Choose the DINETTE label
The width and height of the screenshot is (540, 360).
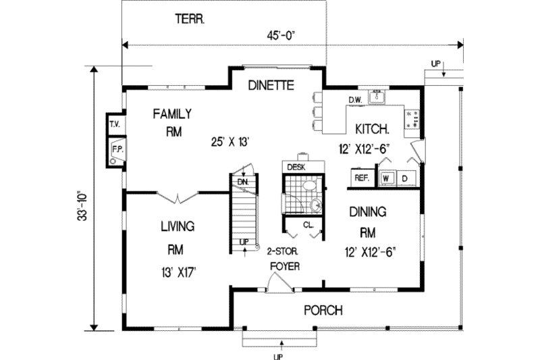271,86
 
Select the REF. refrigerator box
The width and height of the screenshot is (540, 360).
360,178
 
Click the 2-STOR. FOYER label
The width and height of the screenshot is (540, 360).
283,257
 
